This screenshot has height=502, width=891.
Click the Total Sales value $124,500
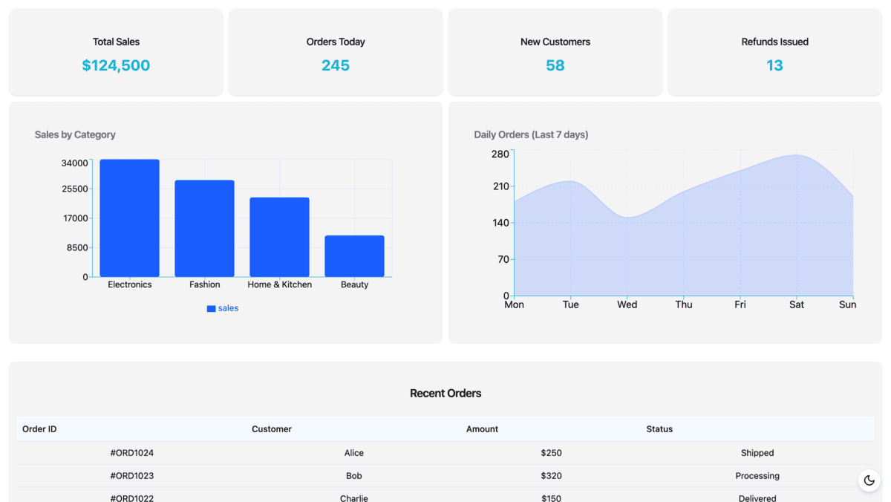tap(116, 65)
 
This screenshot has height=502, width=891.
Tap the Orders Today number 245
tap(336, 65)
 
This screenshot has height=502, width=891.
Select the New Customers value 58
tap(555, 65)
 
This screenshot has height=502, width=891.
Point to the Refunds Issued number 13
tap(774, 65)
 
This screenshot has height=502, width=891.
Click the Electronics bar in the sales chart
tap(129, 218)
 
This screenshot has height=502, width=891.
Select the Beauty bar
tap(354, 256)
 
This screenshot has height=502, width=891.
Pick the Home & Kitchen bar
tap(279, 237)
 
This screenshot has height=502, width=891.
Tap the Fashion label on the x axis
tap(204, 284)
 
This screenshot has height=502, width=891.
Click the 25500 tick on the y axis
tap(75, 189)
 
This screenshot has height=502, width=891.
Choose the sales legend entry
tap(223, 308)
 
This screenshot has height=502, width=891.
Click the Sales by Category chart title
tap(75, 134)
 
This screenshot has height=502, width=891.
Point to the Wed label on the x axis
tap(627, 304)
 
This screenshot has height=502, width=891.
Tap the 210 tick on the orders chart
tap(500, 186)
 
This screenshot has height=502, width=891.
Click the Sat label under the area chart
tap(796, 304)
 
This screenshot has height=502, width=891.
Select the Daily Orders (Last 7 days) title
tap(531, 134)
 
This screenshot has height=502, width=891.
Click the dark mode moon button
tap(869, 480)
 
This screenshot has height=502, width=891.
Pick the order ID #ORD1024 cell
tap(131, 453)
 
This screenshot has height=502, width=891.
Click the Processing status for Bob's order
tap(757, 476)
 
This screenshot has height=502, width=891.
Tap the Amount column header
tap(482, 429)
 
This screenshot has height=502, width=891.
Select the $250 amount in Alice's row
tap(551, 453)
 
